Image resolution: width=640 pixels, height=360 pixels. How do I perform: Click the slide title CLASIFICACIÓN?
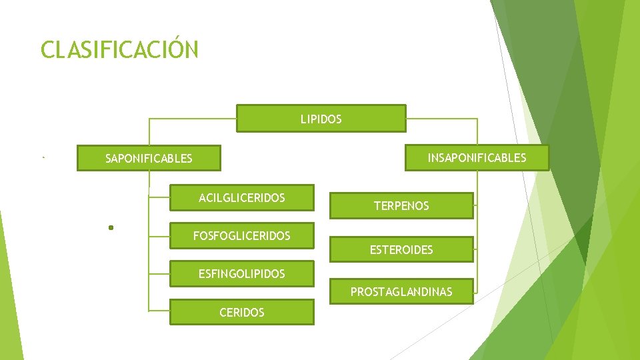pos(119,50)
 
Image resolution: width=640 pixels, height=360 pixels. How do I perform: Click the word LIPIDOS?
pos(321,119)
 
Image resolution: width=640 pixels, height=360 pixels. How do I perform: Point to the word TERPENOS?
pos(401,206)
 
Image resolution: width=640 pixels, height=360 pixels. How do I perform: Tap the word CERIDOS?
pos(241,312)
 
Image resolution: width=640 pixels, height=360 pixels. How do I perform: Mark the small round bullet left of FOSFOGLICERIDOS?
pos(111,228)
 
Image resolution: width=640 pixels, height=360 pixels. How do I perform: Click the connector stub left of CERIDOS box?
pos(159,311)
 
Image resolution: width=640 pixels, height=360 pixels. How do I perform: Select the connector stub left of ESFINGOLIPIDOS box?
pos(159,273)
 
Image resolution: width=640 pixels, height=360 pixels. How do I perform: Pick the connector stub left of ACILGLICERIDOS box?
pos(159,197)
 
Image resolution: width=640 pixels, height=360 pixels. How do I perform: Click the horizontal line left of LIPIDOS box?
pos(193,119)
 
